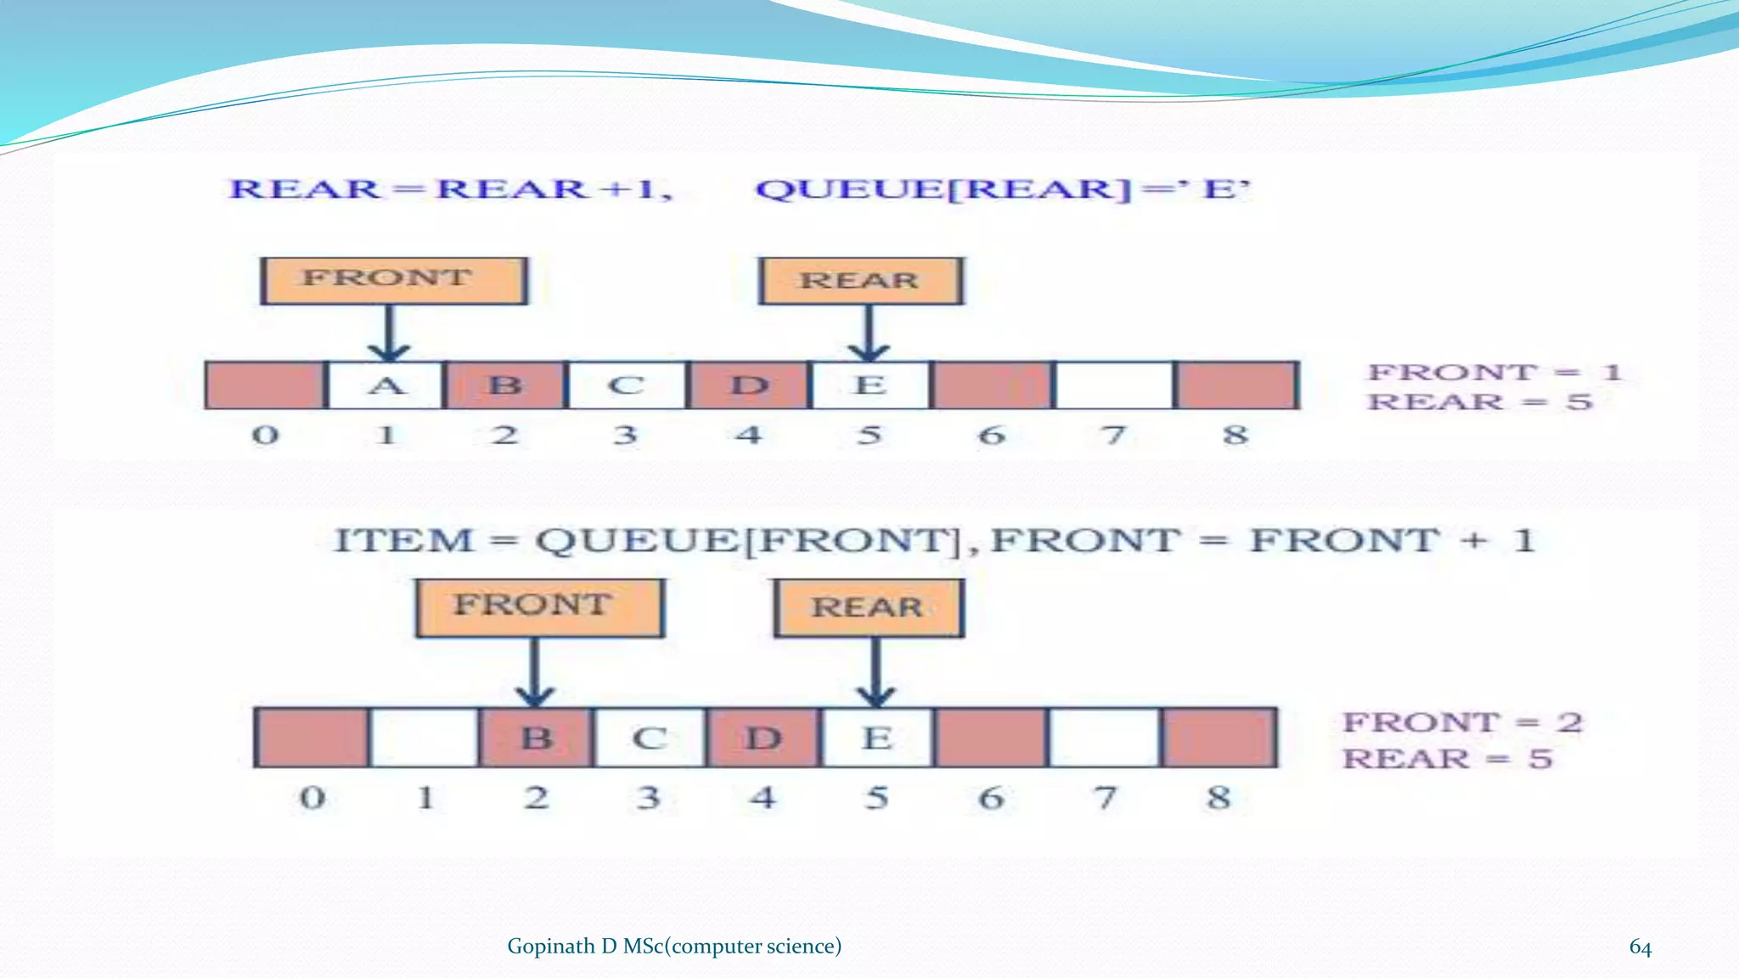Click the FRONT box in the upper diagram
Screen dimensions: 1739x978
coord(393,281)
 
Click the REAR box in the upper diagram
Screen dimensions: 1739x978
coord(861,281)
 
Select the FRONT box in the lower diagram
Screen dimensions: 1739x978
coord(539,608)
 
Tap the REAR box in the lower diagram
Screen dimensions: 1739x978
coord(869,608)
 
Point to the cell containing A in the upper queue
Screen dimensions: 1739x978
coord(386,385)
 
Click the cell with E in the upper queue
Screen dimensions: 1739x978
coord(869,385)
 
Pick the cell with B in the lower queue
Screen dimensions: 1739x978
coord(536,737)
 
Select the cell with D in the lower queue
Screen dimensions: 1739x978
coord(763,737)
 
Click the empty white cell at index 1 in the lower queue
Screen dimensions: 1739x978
coord(424,737)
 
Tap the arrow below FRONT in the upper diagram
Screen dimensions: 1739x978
coord(389,333)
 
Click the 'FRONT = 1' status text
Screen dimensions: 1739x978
coord(1494,372)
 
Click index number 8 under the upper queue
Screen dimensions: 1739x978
coord(1235,435)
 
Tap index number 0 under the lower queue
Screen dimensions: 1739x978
coord(312,797)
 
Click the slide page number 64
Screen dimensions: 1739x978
coord(1640,947)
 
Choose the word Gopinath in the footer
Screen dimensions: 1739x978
coord(550,947)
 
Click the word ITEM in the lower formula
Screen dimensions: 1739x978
coord(402,541)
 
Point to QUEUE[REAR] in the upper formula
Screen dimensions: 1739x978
coord(943,189)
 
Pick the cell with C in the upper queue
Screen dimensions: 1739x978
coord(627,385)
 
